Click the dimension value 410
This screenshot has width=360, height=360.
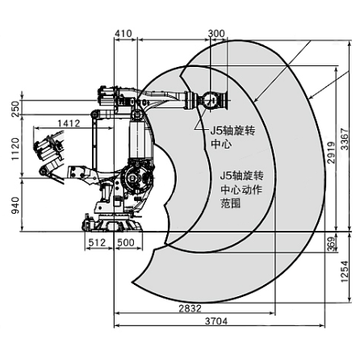[123, 34]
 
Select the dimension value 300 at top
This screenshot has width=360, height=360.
[216, 34]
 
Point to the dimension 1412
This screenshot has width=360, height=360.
[69, 123]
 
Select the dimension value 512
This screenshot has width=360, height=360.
[97, 241]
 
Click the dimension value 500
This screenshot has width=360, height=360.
[125, 241]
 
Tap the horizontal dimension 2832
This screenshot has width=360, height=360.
[190, 308]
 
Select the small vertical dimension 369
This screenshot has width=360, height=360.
[332, 242]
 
